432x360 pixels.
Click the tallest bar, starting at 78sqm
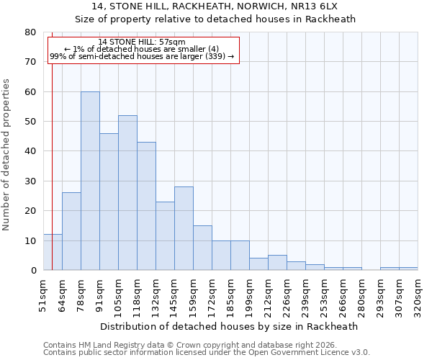[x=90, y=181]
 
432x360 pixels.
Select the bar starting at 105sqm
[x=127, y=193]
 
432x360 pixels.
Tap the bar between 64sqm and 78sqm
[x=71, y=231]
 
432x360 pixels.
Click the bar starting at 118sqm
[x=146, y=206]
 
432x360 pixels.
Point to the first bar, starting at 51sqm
[x=53, y=252]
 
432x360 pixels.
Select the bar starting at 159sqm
[x=202, y=248]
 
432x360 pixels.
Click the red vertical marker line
[x=52, y=144]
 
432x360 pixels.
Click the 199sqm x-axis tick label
[x=249, y=294]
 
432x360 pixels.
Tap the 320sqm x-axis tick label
[x=418, y=294]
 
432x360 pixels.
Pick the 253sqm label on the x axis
[x=324, y=294]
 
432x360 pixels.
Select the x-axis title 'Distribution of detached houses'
[x=228, y=326]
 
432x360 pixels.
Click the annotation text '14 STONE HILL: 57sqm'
[x=142, y=42]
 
